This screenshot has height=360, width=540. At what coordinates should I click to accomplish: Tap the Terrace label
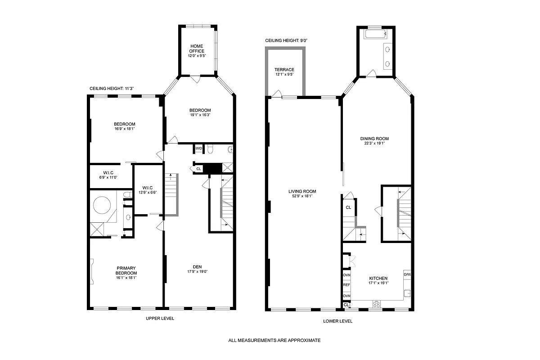(x=284, y=70)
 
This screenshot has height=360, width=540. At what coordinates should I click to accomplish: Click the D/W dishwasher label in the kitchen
(x=407, y=274)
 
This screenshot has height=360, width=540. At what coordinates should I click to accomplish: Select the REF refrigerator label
(x=346, y=285)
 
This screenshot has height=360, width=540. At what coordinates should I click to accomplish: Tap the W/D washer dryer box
(x=198, y=148)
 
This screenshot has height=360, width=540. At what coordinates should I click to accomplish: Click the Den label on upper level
(x=197, y=267)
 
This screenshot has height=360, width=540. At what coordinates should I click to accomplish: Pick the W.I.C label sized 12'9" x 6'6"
(x=148, y=188)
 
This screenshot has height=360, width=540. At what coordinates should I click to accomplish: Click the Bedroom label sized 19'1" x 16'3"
(x=200, y=111)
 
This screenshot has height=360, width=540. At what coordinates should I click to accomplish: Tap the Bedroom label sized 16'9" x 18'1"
(x=124, y=124)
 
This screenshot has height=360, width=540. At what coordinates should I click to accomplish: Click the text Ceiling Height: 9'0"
(x=286, y=40)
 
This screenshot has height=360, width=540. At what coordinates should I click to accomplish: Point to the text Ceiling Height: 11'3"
(x=112, y=89)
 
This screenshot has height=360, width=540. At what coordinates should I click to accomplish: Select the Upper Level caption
(x=160, y=318)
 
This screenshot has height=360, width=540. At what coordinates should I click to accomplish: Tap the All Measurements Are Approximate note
(x=274, y=341)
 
